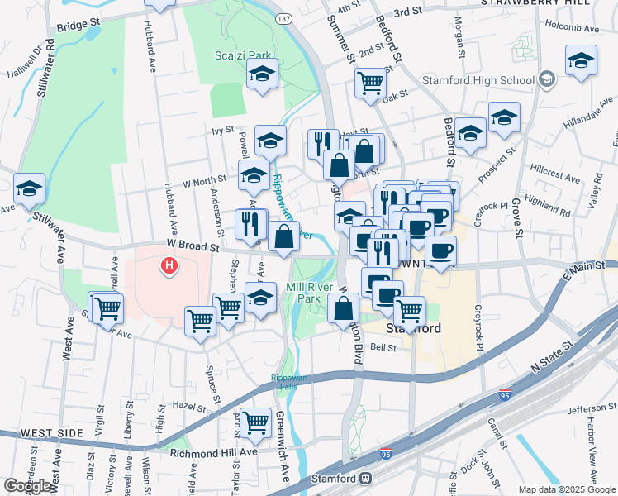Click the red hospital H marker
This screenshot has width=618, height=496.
click(x=169, y=266)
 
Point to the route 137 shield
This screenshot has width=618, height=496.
click(x=284, y=18)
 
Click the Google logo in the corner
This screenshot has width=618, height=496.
click(x=27, y=485)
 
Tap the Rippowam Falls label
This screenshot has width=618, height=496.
click(x=288, y=383)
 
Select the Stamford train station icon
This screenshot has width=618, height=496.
click(x=364, y=479)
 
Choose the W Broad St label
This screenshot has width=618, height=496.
click(x=192, y=246)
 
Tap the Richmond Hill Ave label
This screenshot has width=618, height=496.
click(x=214, y=453)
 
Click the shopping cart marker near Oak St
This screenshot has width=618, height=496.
click(x=371, y=82)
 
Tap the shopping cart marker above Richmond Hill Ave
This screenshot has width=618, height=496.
click(x=256, y=422)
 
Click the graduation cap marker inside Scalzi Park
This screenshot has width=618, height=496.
click(x=262, y=74)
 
